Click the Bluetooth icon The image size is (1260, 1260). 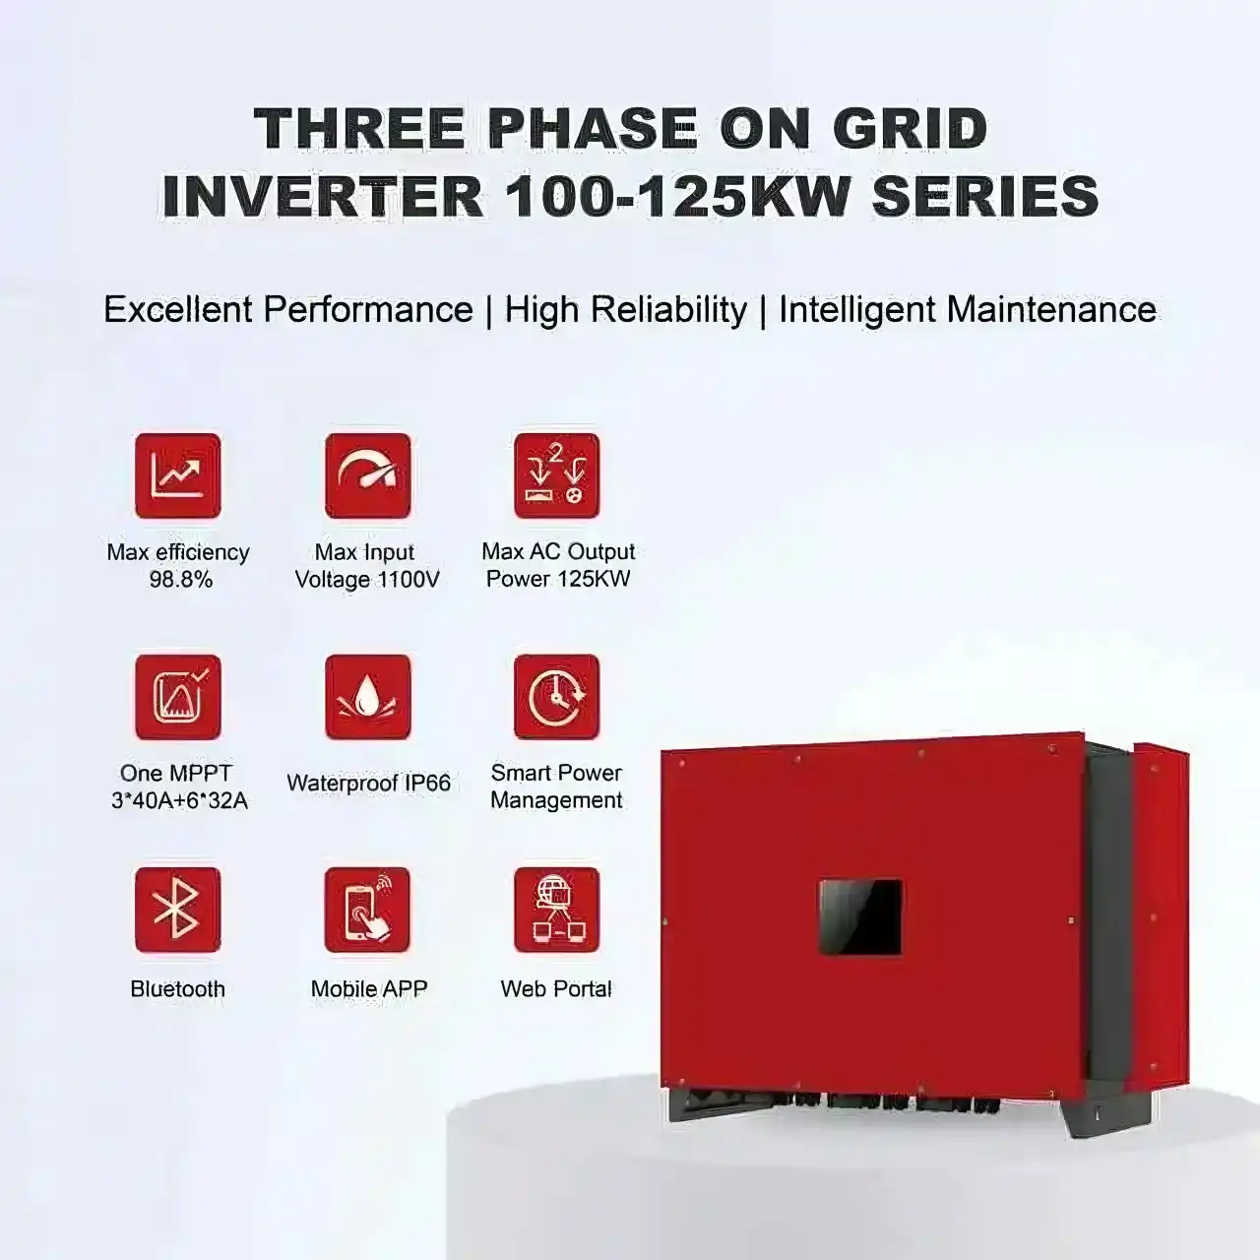(178, 911)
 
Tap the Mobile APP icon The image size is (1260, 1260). (367, 911)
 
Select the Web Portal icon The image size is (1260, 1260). (556, 911)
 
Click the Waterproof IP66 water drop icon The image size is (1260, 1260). (368, 697)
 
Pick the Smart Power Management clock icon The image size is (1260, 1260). (556, 697)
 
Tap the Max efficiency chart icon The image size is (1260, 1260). (178, 475)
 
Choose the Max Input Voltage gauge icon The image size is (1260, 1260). (368, 475)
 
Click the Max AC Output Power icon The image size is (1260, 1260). (556, 475)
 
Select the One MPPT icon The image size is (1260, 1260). (178, 697)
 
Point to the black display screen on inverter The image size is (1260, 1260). (860, 917)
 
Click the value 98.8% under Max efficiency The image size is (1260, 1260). (181, 580)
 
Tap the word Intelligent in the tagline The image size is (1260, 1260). (857, 311)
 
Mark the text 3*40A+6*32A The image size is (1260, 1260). (179, 801)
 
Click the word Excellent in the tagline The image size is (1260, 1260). (178, 309)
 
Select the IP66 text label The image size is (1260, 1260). (425, 784)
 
